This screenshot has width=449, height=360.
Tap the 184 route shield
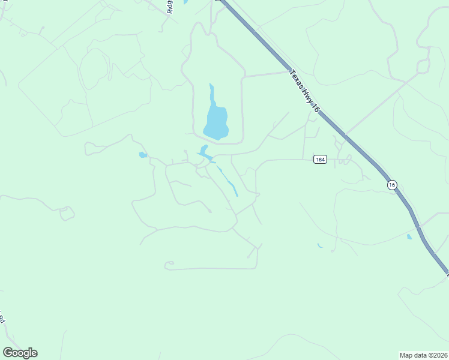[x=320, y=160]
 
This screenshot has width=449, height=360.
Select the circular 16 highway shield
[x=392, y=185]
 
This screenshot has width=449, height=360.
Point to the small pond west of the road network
[x=143, y=155]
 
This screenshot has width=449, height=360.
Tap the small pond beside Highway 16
[x=409, y=236]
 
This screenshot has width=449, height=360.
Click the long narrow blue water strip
[x=228, y=181]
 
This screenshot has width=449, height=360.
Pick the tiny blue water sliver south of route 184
[x=320, y=245]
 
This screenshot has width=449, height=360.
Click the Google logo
[x=20, y=353]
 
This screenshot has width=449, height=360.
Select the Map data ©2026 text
[x=423, y=354]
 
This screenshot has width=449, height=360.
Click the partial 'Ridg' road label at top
[x=170, y=6]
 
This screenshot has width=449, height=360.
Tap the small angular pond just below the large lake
[x=204, y=150]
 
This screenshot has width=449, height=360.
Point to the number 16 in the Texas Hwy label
[x=315, y=106]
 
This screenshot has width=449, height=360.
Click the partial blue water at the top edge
[x=186, y=2]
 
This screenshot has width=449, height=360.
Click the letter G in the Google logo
[x=8, y=352]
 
